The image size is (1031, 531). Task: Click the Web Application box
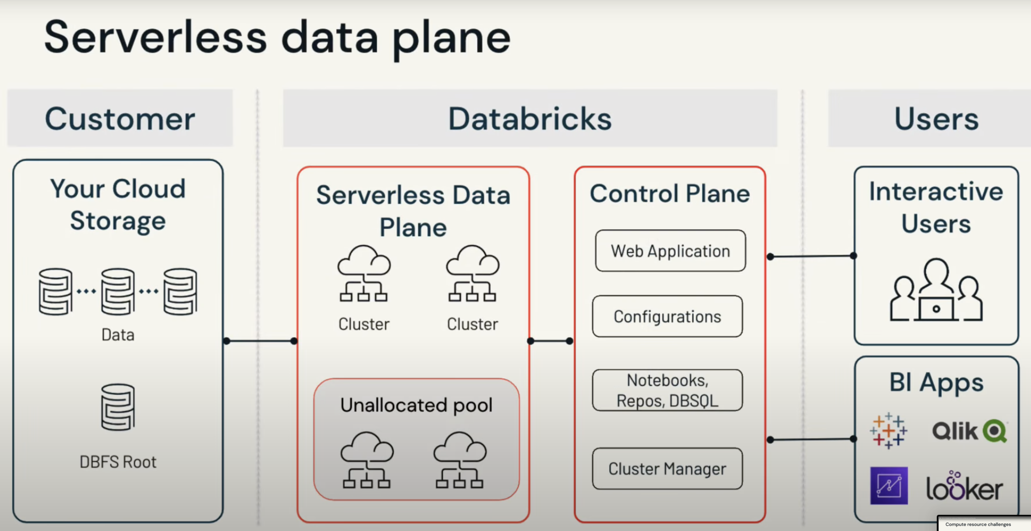pyautogui.click(x=670, y=251)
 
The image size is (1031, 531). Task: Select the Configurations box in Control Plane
pyautogui.click(x=667, y=316)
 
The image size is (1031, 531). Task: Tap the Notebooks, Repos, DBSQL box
pyautogui.click(x=667, y=390)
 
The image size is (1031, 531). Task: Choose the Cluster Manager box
pyautogui.click(x=667, y=469)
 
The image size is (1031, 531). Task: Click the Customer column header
pyautogui.click(x=120, y=119)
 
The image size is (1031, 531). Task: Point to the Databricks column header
pyautogui.click(x=530, y=119)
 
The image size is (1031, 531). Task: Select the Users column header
pyautogui.click(x=936, y=119)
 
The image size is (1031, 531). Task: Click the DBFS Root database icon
pyautogui.click(x=118, y=407)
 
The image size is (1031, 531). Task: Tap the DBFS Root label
pyautogui.click(x=118, y=462)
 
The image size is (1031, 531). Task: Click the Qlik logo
pyautogui.click(x=969, y=431)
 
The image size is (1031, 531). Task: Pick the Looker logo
pyautogui.click(x=964, y=487)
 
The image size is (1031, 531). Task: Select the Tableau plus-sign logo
pyautogui.click(x=889, y=431)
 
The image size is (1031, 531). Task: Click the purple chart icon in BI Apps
pyautogui.click(x=889, y=486)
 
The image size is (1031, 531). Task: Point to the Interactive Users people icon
pyautogui.click(x=936, y=291)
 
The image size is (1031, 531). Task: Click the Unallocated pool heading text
pyautogui.click(x=416, y=405)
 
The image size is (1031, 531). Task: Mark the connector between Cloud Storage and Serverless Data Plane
pyautogui.click(x=260, y=341)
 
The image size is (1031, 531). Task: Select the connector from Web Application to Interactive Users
pyautogui.click(x=812, y=256)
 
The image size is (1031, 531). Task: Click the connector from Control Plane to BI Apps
pyautogui.click(x=812, y=439)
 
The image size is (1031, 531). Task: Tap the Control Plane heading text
pyautogui.click(x=670, y=194)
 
